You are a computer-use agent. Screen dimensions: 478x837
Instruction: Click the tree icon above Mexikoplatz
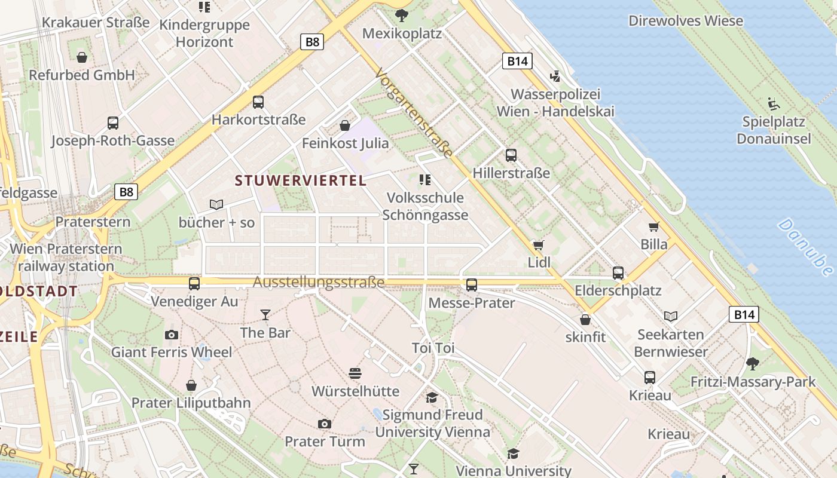(402, 15)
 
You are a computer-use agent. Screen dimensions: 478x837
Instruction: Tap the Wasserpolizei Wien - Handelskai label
(555, 103)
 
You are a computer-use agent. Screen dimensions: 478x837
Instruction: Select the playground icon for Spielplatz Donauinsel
(774, 103)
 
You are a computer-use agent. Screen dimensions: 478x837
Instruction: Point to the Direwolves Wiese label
(686, 21)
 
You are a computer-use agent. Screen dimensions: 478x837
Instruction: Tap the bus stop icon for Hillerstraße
(511, 155)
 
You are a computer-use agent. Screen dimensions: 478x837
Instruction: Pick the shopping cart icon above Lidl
(538, 245)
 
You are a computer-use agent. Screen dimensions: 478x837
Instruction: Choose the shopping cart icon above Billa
(653, 227)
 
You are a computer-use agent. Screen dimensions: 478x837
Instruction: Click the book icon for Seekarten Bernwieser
(671, 316)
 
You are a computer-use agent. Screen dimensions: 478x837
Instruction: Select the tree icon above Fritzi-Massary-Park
(753, 363)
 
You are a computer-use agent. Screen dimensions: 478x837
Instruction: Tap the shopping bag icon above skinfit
(585, 320)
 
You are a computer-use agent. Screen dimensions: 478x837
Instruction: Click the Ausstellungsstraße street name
(319, 282)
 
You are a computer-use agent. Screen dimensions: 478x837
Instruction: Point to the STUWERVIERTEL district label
(301, 180)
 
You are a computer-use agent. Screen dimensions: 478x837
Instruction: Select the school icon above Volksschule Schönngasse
(425, 180)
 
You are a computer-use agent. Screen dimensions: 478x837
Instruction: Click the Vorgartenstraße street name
(414, 113)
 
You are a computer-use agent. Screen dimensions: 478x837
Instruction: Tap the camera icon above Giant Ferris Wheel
(172, 335)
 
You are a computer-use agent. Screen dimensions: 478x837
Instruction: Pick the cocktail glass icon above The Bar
(265, 314)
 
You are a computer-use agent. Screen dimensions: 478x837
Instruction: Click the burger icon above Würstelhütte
(355, 374)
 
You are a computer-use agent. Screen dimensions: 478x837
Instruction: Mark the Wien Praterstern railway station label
(66, 258)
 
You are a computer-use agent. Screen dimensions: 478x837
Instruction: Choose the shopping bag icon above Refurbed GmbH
(82, 57)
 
